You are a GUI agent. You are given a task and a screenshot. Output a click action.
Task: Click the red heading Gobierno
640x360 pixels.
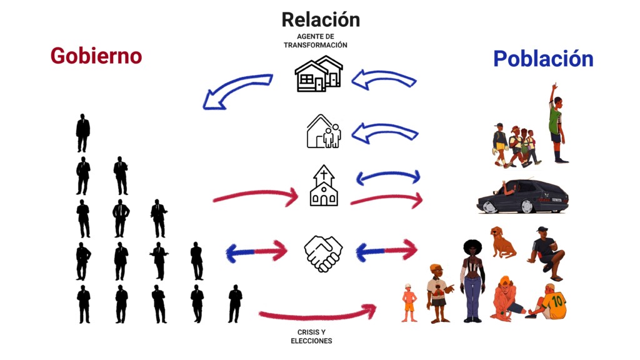[x=96, y=56]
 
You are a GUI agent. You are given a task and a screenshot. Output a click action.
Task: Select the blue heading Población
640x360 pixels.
[x=542, y=59]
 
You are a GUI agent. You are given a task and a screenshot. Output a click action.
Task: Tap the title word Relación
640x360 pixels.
[x=321, y=19]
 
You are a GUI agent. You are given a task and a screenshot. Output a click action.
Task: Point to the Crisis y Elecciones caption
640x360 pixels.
[x=311, y=336]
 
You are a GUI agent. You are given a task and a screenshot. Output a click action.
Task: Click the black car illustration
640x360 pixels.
[x=524, y=196]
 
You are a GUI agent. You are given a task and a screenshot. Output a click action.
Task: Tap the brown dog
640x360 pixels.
[x=502, y=242]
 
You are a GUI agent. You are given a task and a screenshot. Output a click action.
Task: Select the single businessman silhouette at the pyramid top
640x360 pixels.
[x=82, y=133]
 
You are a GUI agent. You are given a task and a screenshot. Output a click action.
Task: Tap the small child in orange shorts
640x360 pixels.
[x=409, y=303]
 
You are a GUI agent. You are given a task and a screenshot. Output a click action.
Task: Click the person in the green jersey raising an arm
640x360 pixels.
[x=556, y=122]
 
